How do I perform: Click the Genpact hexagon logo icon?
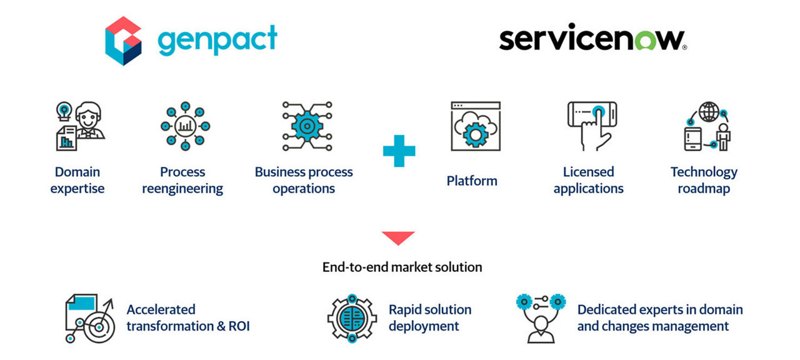tap(123, 41)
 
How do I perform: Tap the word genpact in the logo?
tap(217, 41)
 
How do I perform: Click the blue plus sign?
tap(399, 151)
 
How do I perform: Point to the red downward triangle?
tap(398, 237)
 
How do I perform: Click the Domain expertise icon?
tap(79, 126)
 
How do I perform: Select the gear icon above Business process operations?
tap(304, 126)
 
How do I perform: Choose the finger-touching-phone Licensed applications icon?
tap(591, 126)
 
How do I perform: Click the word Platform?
tap(472, 181)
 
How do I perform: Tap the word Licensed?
tap(588, 172)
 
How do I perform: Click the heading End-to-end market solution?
tap(402, 267)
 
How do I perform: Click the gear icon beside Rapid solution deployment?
tap(352, 319)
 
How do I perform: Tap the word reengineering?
tap(182, 189)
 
